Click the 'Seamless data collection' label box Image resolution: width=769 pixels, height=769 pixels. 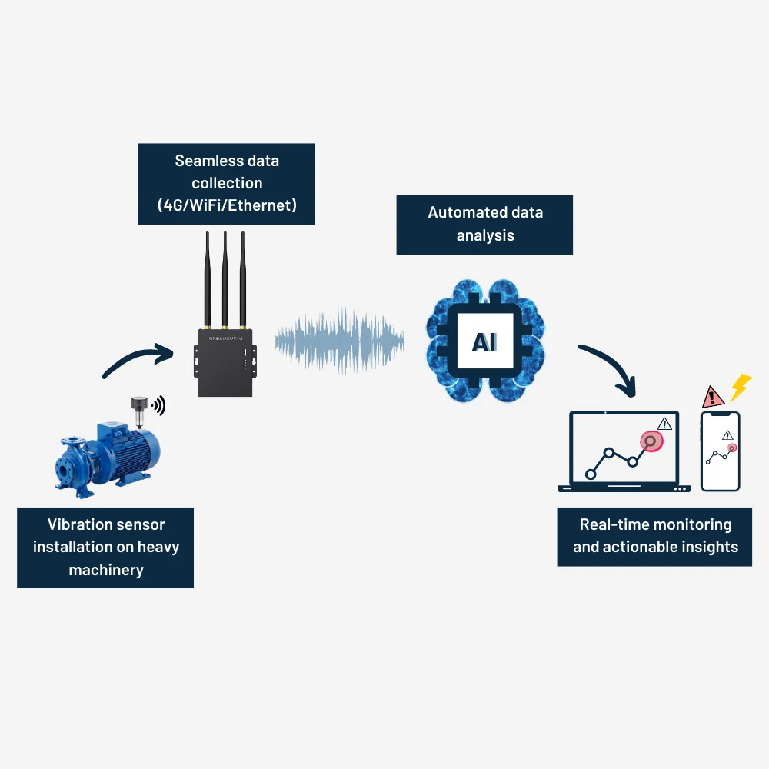tap(227, 183)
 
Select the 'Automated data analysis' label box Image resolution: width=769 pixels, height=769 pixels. tap(484, 224)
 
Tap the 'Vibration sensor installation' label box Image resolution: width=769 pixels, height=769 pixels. tap(105, 547)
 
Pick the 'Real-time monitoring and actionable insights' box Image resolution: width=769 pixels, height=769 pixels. tap(654, 536)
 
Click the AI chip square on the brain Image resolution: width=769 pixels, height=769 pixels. tap(484, 341)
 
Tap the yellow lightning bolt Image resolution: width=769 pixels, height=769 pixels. tap(740, 387)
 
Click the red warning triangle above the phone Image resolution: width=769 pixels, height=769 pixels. tap(714, 398)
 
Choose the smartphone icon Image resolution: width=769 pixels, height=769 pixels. tap(721, 451)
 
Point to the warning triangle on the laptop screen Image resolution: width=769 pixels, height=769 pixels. tap(664, 423)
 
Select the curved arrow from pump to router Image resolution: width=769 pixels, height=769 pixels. tap(138, 361)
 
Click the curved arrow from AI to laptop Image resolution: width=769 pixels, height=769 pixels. tap(611, 368)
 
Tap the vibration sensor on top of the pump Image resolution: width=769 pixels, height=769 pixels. tap(139, 411)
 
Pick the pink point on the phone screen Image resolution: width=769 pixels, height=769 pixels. tap(731, 448)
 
